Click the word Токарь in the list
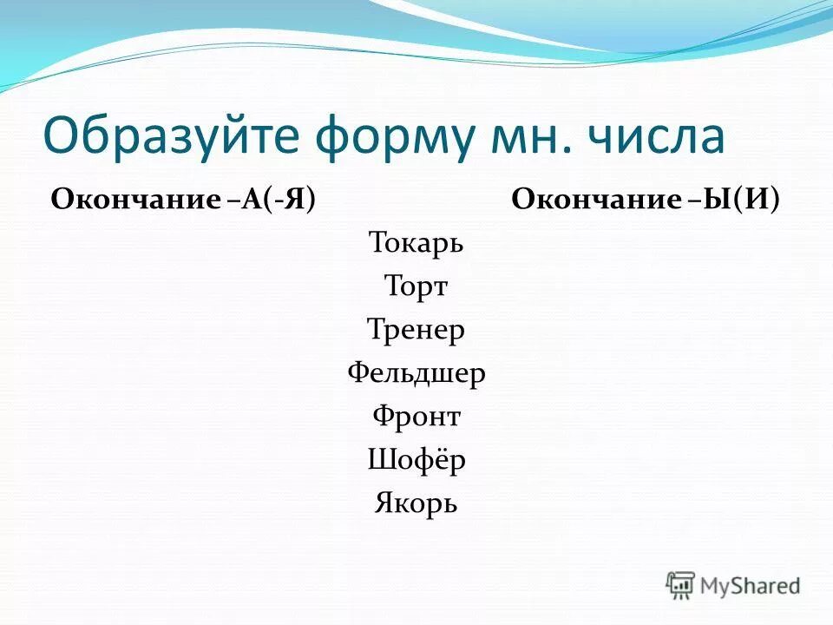416,242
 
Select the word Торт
416,286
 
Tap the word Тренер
416,329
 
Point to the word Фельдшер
416,373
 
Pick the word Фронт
416,417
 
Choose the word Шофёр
416,460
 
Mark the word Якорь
416,503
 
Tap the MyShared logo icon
681,585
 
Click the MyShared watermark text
751,586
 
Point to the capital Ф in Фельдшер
357,373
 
